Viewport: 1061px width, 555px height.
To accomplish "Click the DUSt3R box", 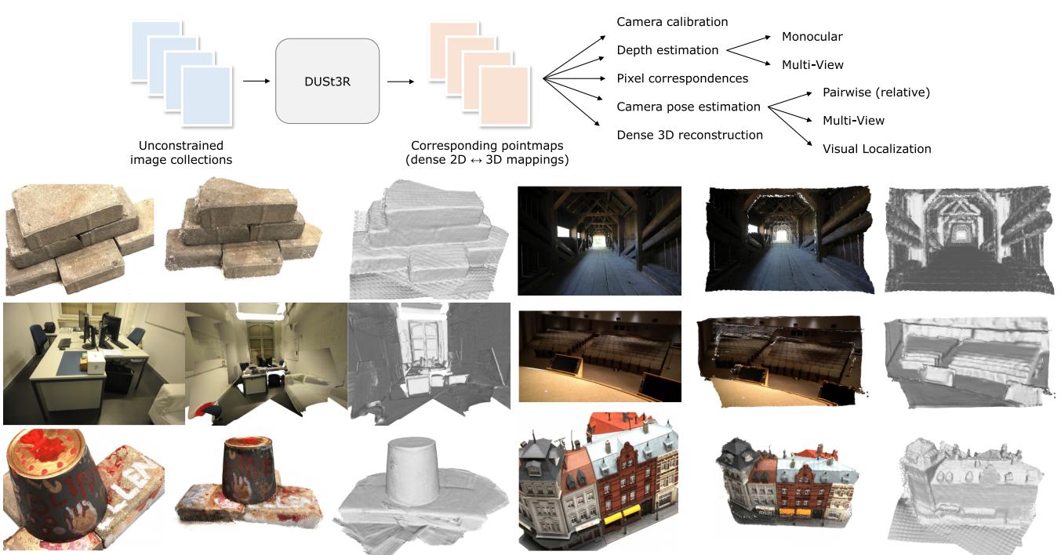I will point(327,81).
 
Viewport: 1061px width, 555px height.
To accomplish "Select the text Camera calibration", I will point(672,22).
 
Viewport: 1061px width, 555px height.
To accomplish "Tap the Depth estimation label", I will point(667,50).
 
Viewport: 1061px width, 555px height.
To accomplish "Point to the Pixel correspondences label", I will point(682,78).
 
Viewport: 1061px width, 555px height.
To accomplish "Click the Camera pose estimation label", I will point(689,107).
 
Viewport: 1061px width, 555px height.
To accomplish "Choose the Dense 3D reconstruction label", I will point(689,135).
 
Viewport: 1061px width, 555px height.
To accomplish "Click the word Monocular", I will point(812,37).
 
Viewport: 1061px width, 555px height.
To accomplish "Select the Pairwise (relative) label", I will point(876,92).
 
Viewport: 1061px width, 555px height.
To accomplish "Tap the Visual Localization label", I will point(877,149).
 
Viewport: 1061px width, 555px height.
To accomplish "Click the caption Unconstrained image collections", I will point(181,153).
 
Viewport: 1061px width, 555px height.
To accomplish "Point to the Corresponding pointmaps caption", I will point(490,153).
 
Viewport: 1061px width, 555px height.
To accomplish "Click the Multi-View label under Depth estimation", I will point(812,65).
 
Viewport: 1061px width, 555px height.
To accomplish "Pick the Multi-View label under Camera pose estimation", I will point(853,121).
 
